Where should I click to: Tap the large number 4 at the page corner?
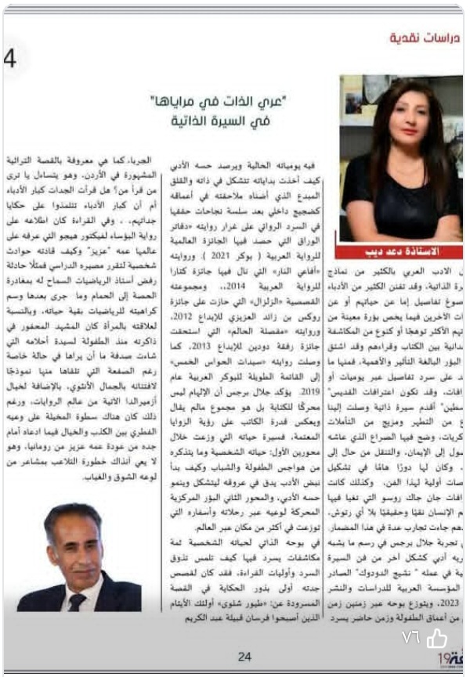pyautogui.click(x=10, y=59)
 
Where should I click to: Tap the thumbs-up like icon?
pyautogui.click(x=436, y=639)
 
